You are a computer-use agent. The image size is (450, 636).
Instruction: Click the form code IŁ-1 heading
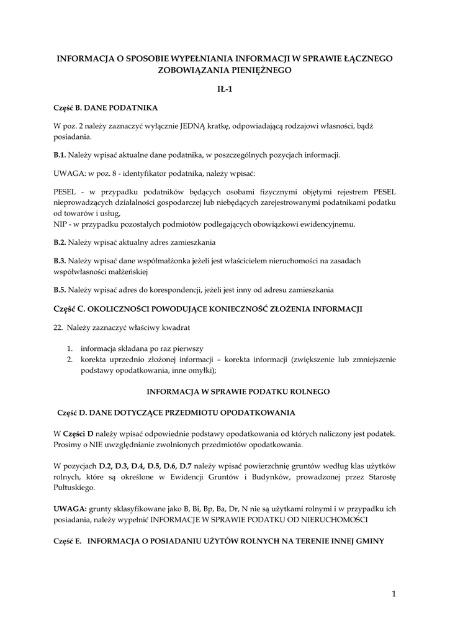[x=225, y=89]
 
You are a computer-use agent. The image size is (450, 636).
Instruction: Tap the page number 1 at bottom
[x=394, y=594]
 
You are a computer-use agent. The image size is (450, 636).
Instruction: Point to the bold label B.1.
[x=60, y=155]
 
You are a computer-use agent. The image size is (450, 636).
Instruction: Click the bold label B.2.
[x=60, y=242]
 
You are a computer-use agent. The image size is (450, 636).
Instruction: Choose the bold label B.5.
[x=60, y=289]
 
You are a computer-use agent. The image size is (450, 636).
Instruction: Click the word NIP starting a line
[x=60, y=224]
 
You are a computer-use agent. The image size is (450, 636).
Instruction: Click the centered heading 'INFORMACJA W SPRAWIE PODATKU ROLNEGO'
[x=238, y=392]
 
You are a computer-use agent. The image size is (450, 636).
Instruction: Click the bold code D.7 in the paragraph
[x=186, y=465]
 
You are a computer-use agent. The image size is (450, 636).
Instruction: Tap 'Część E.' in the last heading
[x=68, y=541]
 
